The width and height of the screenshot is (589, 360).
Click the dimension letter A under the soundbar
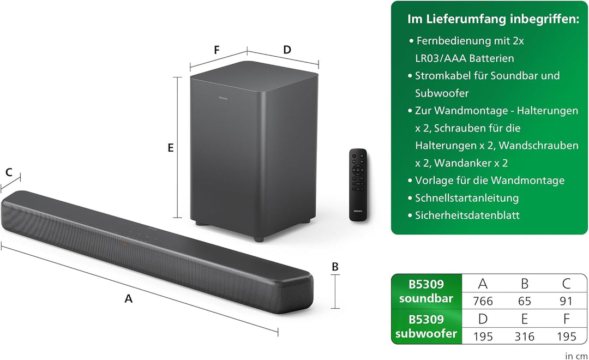(x=129, y=299)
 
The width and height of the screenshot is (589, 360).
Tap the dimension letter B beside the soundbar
(x=335, y=266)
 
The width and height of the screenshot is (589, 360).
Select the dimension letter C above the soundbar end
(x=9, y=172)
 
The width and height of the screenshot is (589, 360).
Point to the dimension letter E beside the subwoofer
(x=171, y=148)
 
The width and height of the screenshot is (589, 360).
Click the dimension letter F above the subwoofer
(x=217, y=50)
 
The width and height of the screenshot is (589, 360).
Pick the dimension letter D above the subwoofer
(x=287, y=50)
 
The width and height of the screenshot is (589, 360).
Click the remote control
(x=358, y=184)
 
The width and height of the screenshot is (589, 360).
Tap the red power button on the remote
(x=353, y=155)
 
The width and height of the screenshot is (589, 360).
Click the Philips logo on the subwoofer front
(x=223, y=99)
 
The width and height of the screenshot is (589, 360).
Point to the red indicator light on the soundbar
(x=125, y=244)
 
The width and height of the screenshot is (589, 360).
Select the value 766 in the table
(x=483, y=301)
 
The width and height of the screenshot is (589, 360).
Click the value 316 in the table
(x=525, y=337)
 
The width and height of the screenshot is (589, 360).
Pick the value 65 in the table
(x=525, y=301)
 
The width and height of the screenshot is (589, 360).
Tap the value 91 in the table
(x=566, y=301)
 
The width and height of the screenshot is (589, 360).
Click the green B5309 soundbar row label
(x=426, y=291)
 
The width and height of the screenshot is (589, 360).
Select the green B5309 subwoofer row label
(x=426, y=326)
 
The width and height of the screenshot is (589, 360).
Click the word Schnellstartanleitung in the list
(x=467, y=198)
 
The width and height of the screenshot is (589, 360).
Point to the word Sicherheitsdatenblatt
(x=467, y=215)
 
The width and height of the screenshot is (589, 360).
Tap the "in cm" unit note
(x=576, y=356)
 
